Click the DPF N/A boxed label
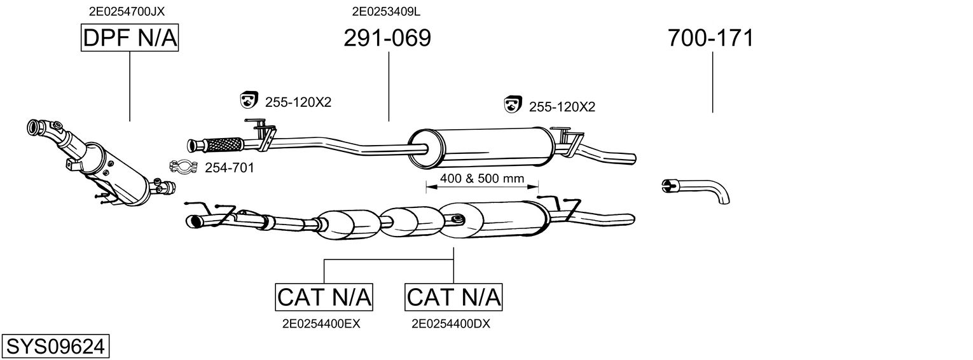point(130,38)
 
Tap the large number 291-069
point(387,38)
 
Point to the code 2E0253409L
point(386,11)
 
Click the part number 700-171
point(710,38)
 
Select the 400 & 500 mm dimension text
point(481,179)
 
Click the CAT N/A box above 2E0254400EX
point(324,296)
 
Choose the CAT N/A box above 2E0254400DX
point(453,296)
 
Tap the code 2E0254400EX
point(321,324)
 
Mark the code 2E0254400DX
point(451,324)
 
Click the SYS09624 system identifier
point(55,346)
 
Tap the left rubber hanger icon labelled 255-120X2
point(247,100)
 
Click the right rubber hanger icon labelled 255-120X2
point(513,105)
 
